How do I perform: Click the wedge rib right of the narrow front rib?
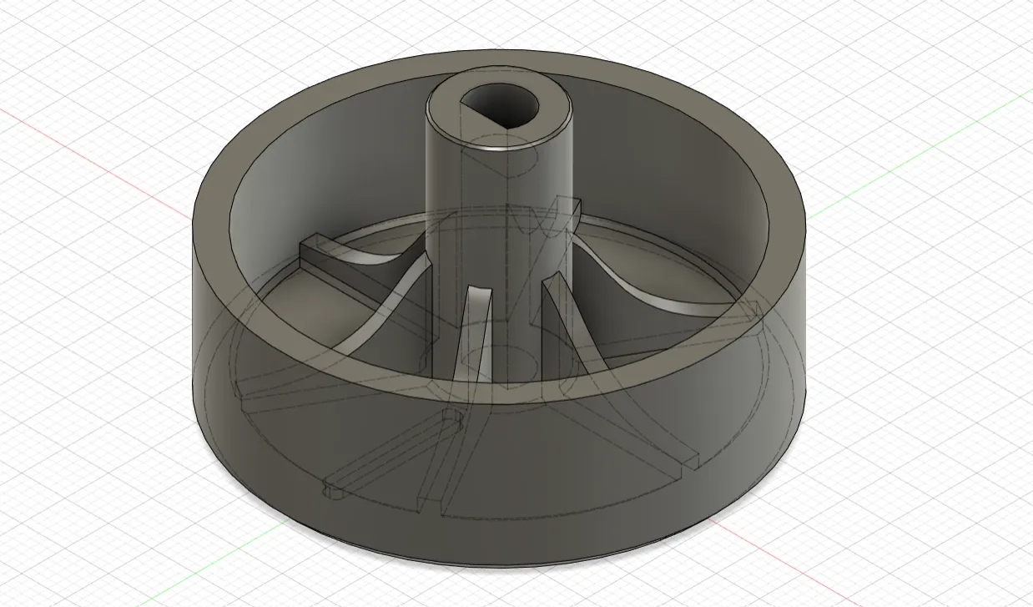[561, 326]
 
